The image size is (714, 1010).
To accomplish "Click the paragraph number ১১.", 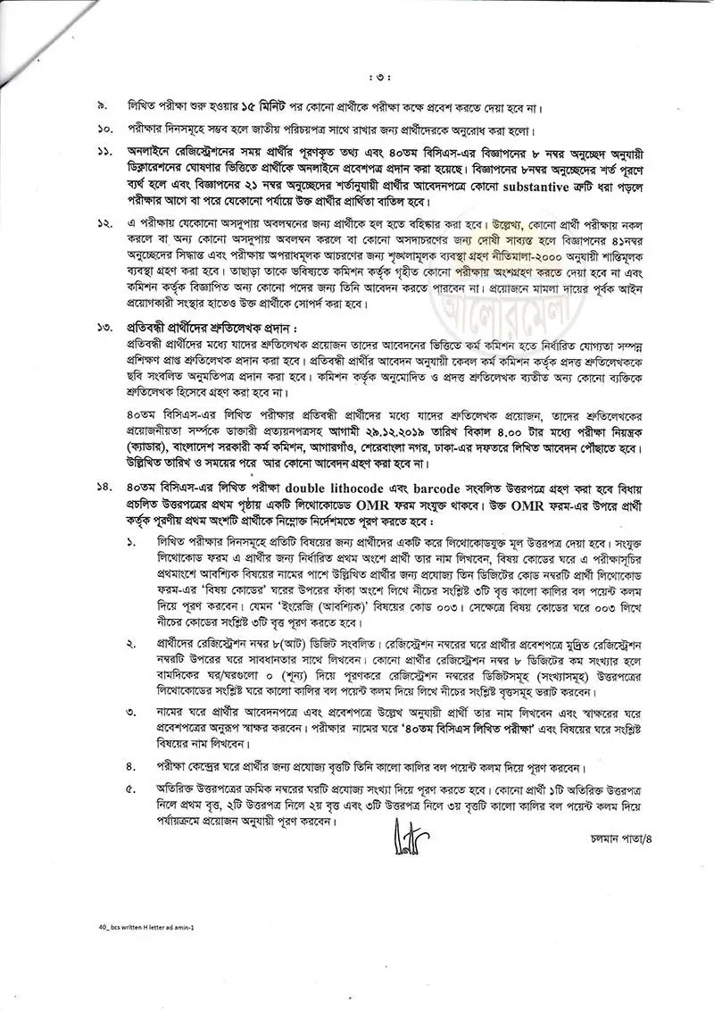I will (x=105, y=153).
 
